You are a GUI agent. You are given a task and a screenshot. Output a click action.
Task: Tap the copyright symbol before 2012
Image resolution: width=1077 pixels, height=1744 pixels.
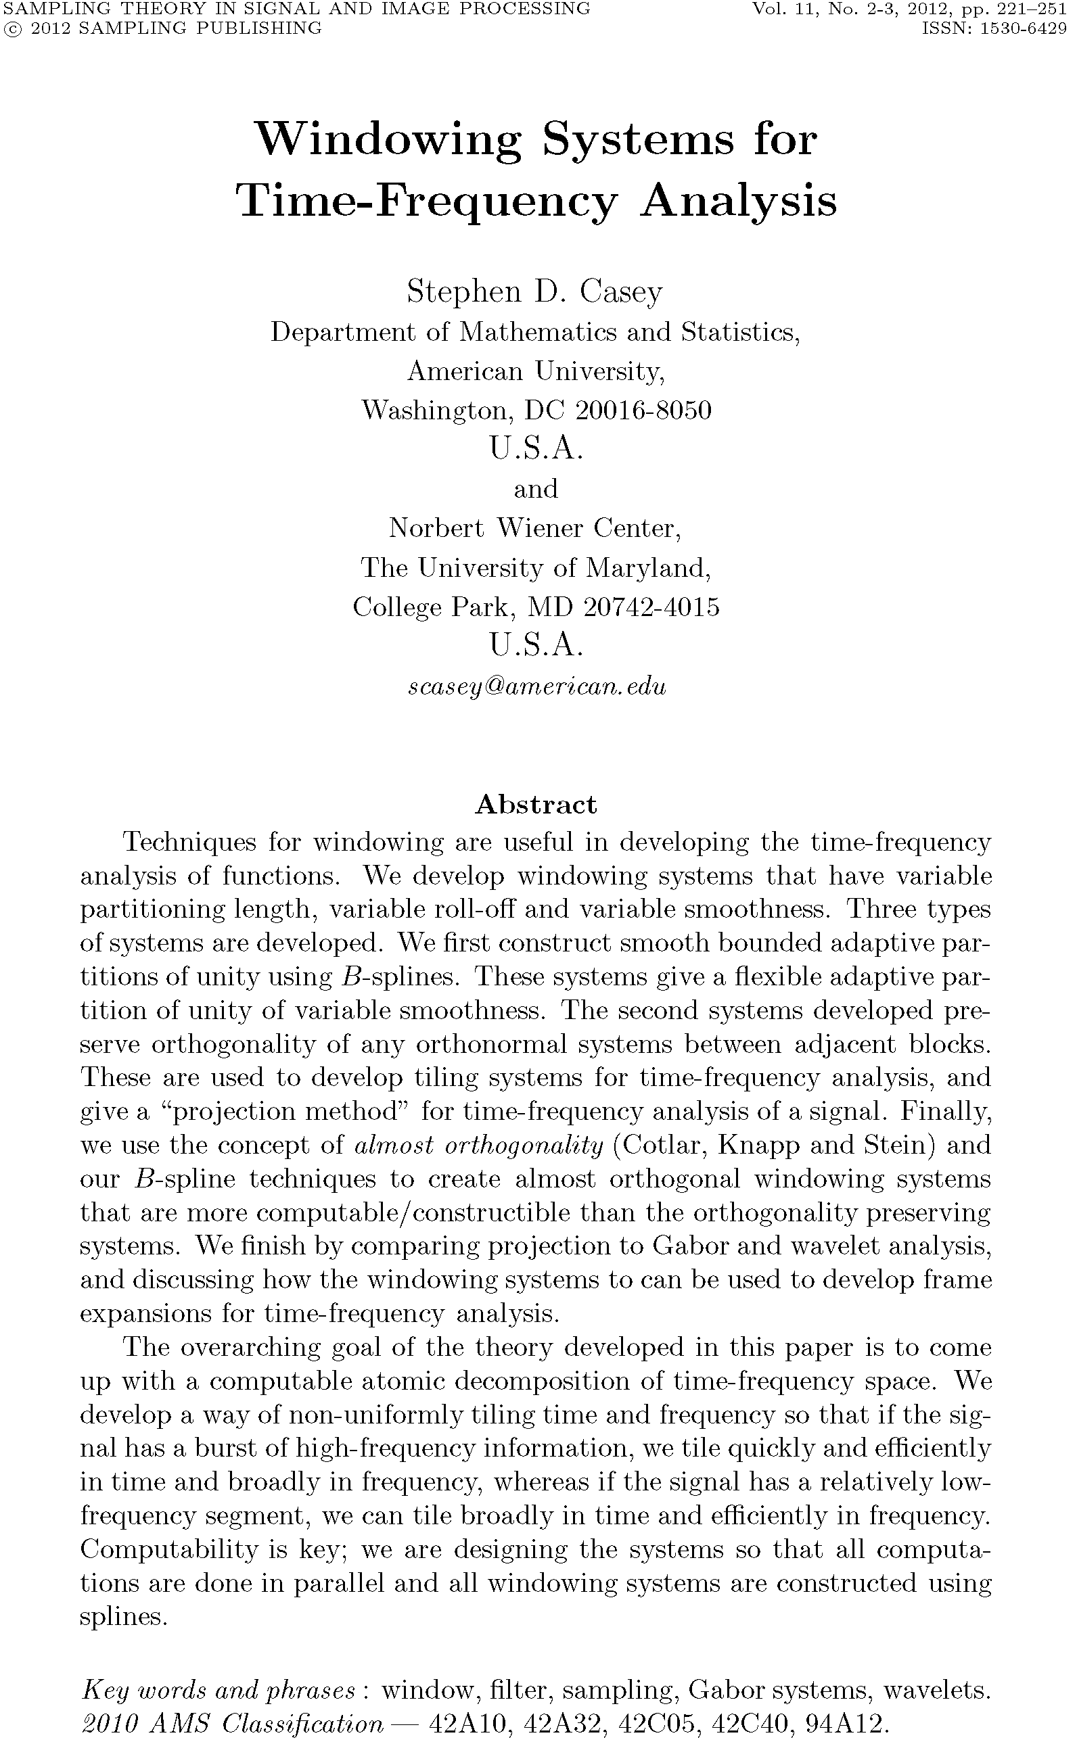(x=11, y=28)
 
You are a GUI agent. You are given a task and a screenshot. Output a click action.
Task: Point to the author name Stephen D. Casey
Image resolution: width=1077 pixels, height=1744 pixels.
(x=535, y=292)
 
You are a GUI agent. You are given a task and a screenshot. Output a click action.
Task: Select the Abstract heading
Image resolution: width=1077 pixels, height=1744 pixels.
(x=536, y=804)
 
